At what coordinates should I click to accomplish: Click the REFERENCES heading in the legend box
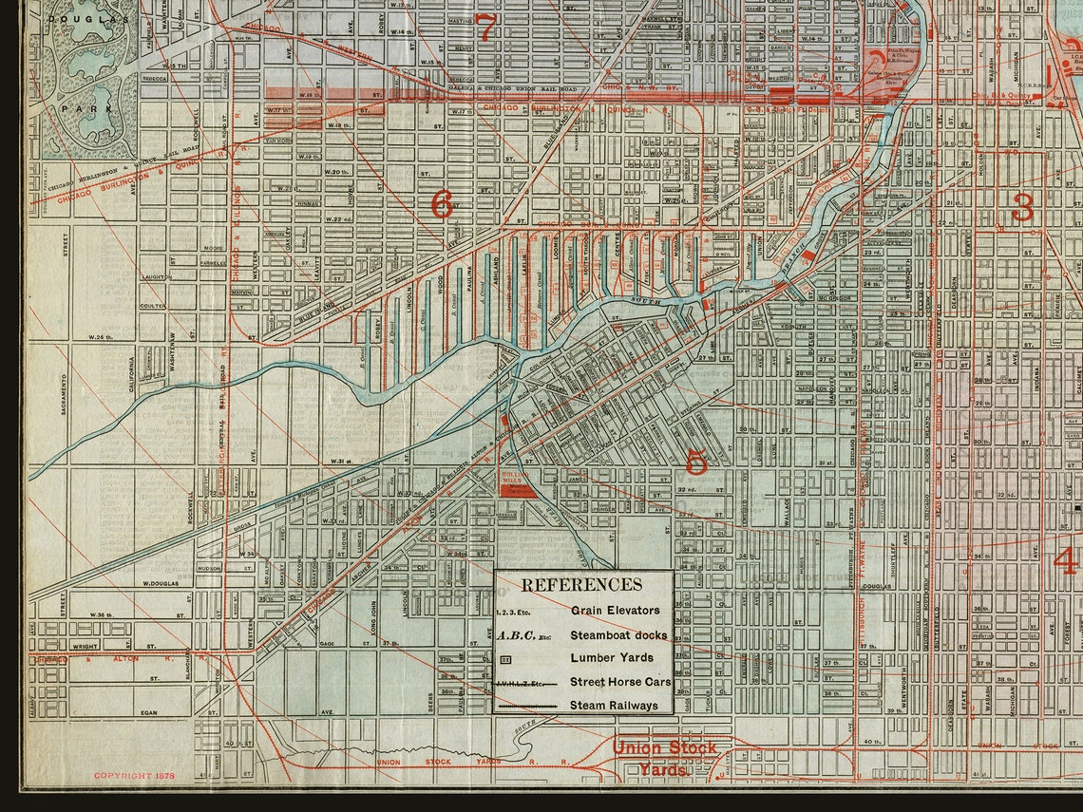581,585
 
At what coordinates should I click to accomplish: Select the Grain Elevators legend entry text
615,610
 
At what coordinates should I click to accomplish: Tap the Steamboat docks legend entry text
618,634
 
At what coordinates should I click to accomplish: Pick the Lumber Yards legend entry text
611,657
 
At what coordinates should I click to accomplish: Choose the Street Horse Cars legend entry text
620,681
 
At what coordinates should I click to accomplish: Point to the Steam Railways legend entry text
614,705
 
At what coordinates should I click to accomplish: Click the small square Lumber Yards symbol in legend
505,657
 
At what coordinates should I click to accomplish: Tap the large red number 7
485,28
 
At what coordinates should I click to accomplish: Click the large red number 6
442,204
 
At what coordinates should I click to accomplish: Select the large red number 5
695,463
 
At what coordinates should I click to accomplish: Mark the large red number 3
1022,207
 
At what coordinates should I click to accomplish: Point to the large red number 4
1066,560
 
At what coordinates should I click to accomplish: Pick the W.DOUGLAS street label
161,583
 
